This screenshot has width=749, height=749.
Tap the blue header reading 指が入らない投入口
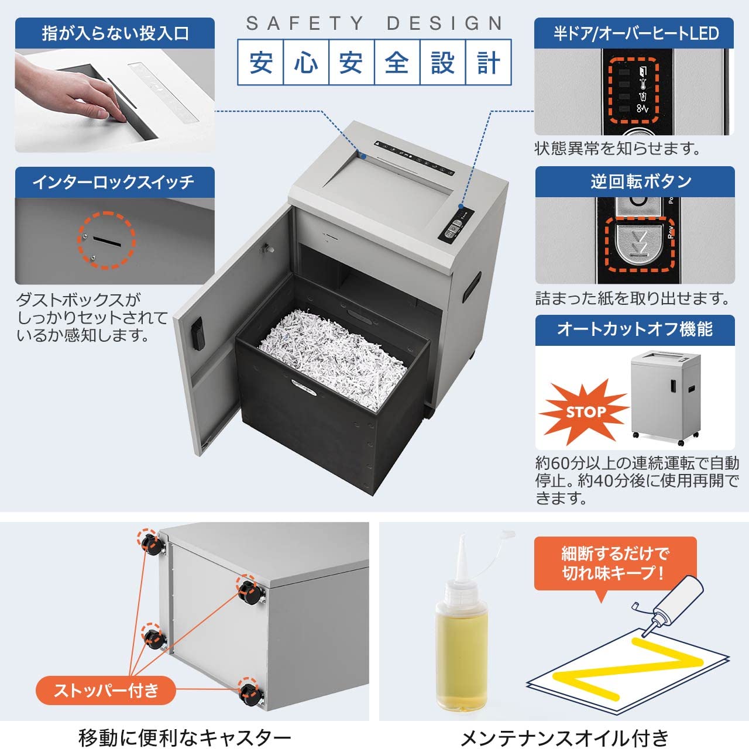click(x=115, y=33)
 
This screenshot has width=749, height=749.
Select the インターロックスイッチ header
click(x=115, y=182)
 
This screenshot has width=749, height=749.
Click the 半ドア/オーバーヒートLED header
click(x=635, y=33)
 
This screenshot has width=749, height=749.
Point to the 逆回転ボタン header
click(x=635, y=181)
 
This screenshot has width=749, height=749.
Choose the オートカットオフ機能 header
click(x=635, y=329)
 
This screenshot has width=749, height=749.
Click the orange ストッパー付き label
click(x=106, y=690)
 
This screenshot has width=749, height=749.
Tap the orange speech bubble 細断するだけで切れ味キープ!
click(x=615, y=563)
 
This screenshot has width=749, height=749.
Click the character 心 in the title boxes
click(x=305, y=63)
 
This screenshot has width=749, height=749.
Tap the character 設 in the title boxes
click(x=442, y=63)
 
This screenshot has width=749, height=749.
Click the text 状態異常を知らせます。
click(x=617, y=149)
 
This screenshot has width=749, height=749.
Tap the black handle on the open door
click(x=198, y=334)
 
